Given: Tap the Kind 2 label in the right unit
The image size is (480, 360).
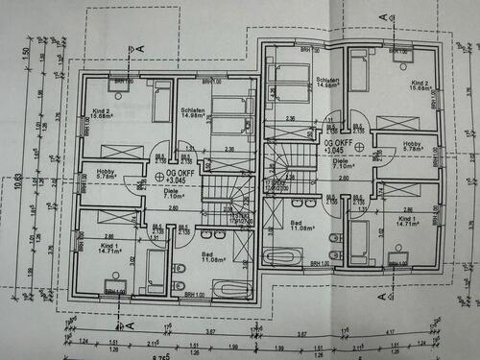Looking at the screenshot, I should click(x=420, y=84).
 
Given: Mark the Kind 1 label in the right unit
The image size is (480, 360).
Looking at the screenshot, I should click(x=408, y=219).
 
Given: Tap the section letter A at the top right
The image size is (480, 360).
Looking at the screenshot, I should click(x=383, y=17).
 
